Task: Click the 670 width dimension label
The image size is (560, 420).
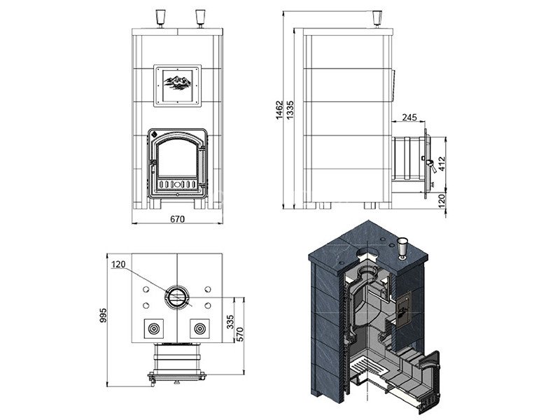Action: click(x=177, y=219)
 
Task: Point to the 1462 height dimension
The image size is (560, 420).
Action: click(x=279, y=110)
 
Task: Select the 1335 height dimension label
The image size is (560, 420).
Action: click(x=290, y=110)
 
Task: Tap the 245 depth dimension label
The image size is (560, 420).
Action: click(x=409, y=117)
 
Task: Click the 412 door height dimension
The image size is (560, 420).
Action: click(x=442, y=164)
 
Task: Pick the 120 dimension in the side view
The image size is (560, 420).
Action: click(x=442, y=201)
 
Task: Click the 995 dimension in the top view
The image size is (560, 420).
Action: click(x=103, y=316)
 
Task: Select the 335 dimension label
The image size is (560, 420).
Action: click(x=230, y=322)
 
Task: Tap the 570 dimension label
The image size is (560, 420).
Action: click(x=240, y=335)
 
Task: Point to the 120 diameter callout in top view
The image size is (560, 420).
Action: click(x=118, y=265)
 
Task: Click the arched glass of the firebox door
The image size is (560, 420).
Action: click(x=178, y=157)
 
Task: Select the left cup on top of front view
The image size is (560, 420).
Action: click(x=160, y=19)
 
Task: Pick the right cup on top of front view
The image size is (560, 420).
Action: click(x=200, y=19)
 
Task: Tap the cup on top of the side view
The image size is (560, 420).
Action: click(x=377, y=19)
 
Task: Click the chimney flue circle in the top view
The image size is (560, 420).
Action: click(x=177, y=297)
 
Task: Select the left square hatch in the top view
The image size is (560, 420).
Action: click(x=154, y=328)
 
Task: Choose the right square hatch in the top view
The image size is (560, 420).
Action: click(x=199, y=328)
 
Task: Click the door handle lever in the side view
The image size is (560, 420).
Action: click(x=431, y=166)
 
